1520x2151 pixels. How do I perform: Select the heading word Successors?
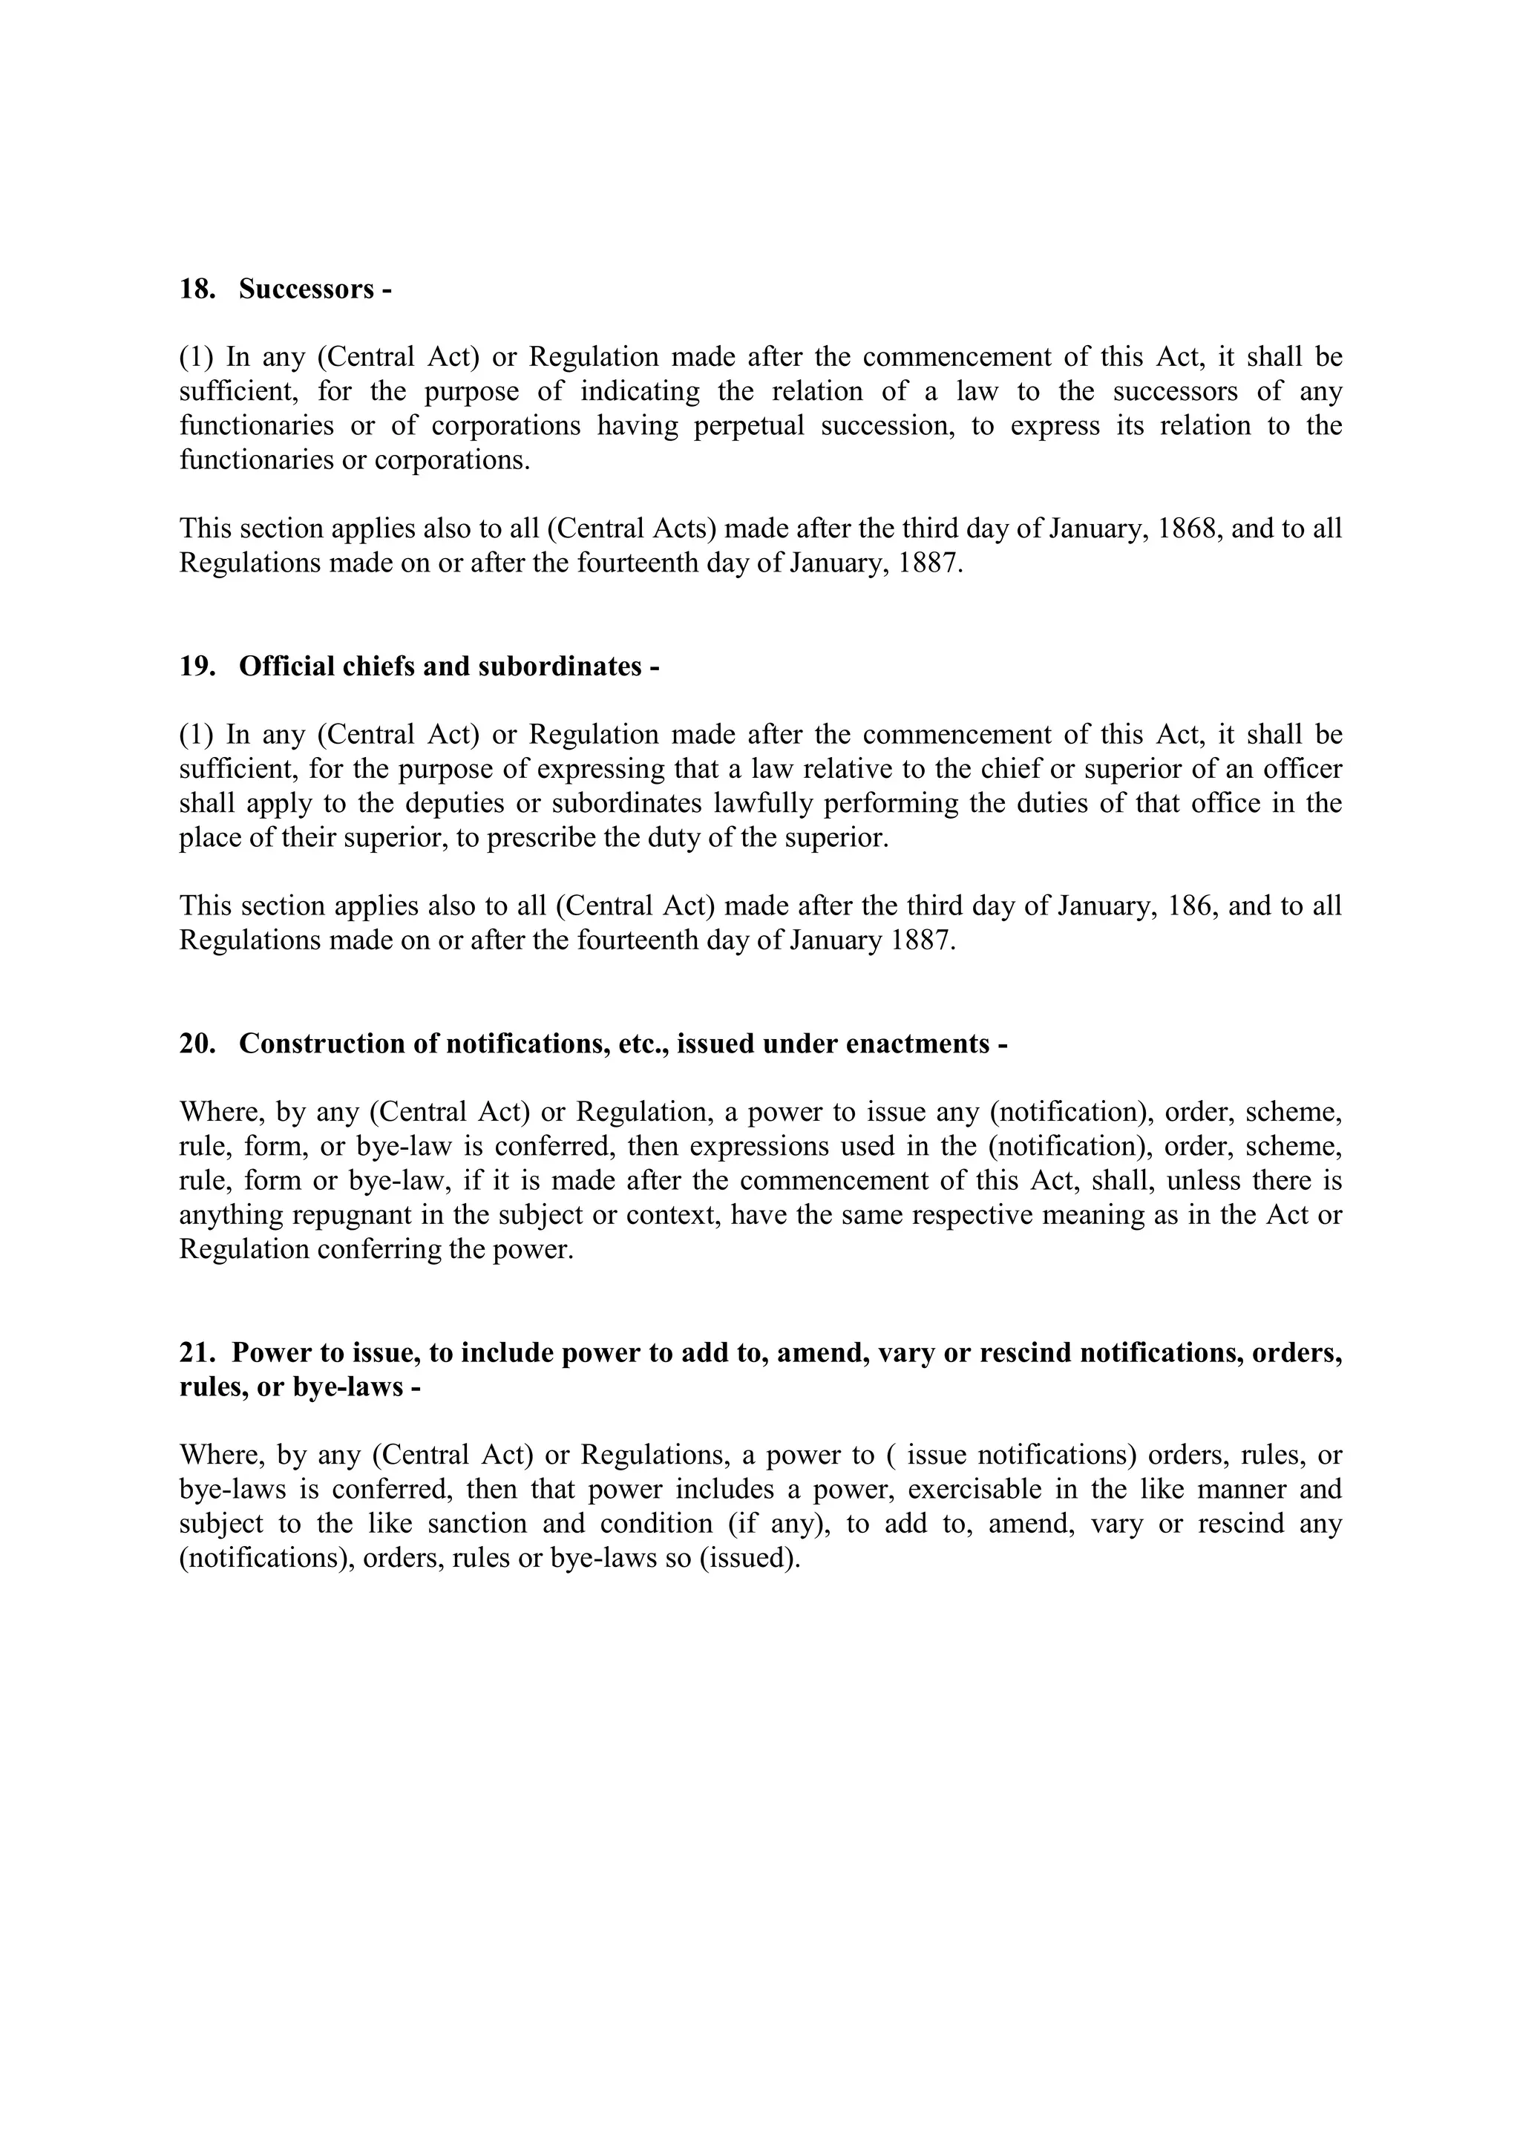click(x=307, y=289)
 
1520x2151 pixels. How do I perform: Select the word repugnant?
click(x=351, y=1216)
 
